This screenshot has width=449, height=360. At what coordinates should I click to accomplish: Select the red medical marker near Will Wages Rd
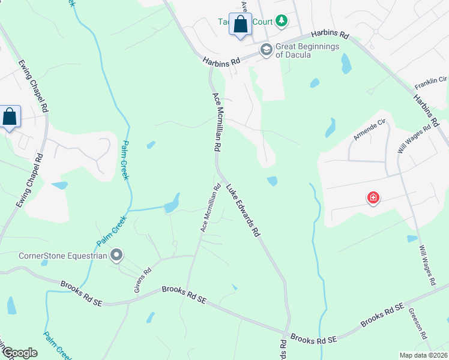[373, 197]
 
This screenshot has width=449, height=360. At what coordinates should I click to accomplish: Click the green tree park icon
[281, 22]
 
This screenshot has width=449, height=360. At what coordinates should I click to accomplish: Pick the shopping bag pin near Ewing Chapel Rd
[10, 116]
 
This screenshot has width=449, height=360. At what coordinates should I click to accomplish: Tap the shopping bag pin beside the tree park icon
[240, 25]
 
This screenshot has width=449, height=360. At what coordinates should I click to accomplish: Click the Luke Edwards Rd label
[243, 209]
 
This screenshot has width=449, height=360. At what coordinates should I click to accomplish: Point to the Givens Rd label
[141, 280]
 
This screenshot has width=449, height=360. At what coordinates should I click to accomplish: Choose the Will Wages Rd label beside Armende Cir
[414, 139]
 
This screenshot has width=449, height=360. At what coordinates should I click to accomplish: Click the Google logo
[20, 353]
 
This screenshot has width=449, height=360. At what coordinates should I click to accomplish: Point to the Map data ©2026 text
[423, 355]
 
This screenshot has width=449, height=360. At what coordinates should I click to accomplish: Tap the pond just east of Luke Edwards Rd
[272, 181]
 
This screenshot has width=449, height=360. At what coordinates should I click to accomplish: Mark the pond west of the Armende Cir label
[330, 127]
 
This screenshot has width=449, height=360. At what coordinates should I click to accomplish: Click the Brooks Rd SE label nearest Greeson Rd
[382, 316]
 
